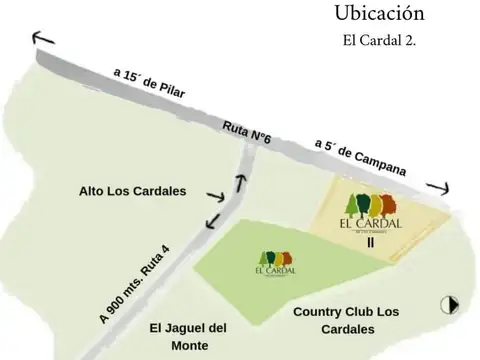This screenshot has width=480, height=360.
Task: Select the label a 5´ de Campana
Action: tap(360, 158)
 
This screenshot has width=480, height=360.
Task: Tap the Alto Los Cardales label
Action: tap(132, 191)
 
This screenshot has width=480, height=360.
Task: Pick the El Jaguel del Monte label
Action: tap(189, 336)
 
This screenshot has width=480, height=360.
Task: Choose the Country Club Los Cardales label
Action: tap(346, 320)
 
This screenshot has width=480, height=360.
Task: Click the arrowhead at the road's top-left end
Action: tap(42, 39)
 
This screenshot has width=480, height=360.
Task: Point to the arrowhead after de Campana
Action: tap(437, 187)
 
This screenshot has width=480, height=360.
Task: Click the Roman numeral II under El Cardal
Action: tap(369, 240)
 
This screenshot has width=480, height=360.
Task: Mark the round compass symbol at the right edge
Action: tap(450, 305)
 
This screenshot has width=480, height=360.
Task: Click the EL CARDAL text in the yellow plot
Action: tap(369, 223)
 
